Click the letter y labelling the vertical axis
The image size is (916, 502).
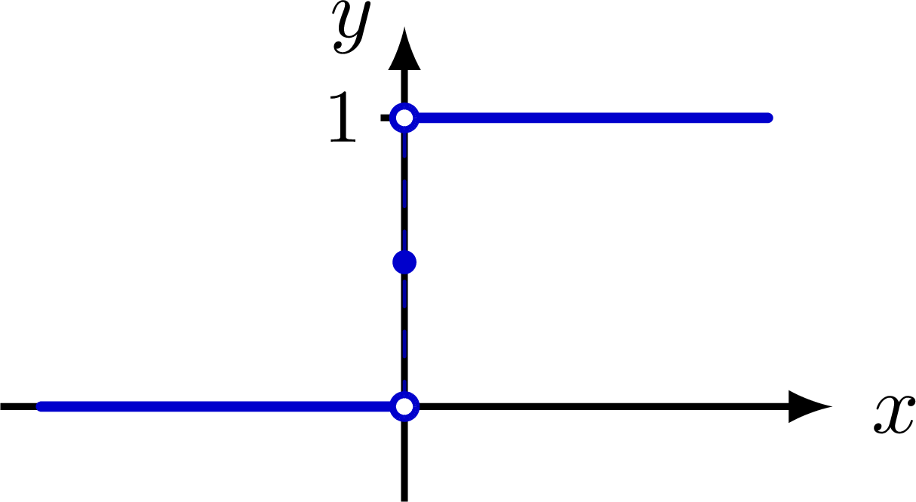tap(352, 28)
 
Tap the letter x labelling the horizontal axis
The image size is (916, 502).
tap(894, 414)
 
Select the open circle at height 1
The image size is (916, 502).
tap(404, 118)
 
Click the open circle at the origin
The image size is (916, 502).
tap(404, 406)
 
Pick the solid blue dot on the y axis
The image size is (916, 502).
tap(404, 262)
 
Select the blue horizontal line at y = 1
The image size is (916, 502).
tap(589, 118)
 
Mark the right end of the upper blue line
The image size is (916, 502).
tap(768, 118)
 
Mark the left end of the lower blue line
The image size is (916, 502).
tap(41, 406)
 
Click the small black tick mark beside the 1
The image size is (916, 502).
tap(385, 118)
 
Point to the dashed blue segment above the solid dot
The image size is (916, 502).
tap(404, 188)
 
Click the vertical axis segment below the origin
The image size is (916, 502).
tap(404, 460)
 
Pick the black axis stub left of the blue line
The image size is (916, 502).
tap(17, 406)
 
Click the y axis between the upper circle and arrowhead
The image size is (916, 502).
tap(404, 87)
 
